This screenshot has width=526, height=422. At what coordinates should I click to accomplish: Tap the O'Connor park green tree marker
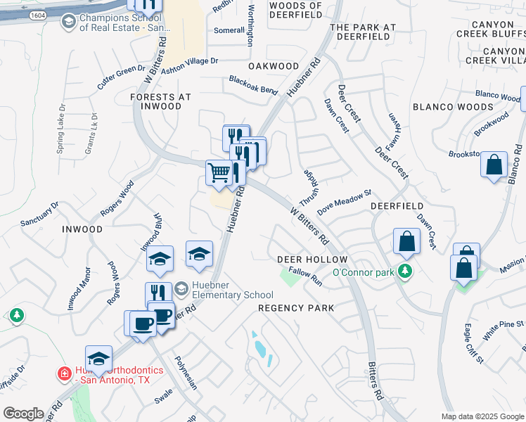(x=404, y=271)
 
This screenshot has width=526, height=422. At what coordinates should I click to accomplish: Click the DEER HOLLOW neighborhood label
(x=304, y=260)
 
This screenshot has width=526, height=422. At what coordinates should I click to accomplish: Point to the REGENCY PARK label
(x=295, y=309)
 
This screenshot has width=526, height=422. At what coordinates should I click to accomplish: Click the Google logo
(x=24, y=414)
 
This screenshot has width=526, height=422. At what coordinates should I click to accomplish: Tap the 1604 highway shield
(x=39, y=14)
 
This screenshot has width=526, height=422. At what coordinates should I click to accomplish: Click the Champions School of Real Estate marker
(x=68, y=23)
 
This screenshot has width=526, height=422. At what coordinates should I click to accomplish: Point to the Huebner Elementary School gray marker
(x=181, y=288)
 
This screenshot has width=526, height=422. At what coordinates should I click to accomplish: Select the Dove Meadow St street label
(x=344, y=202)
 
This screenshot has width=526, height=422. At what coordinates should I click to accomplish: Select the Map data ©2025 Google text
(x=482, y=416)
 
